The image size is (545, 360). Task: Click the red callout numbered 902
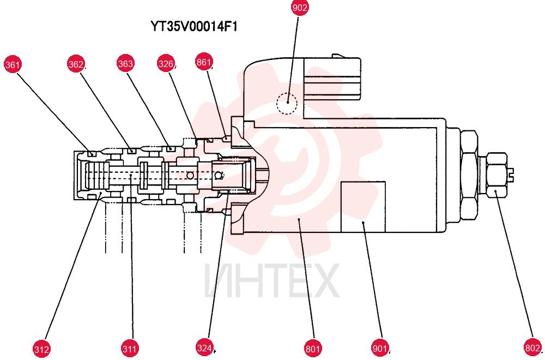pyautogui.click(x=300, y=8)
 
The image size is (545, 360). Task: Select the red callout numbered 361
pyautogui.click(x=13, y=65)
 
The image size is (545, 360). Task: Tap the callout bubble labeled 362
pyautogui.click(x=76, y=64)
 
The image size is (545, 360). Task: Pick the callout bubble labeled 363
pyautogui.click(x=125, y=63)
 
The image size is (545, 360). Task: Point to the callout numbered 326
pyautogui.click(x=166, y=64)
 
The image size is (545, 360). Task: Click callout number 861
pyautogui.click(x=204, y=62)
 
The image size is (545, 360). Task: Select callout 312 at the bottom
pyautogui.click(x=42, y=349)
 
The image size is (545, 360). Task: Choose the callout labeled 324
pyautogui.click(x=204, y=348)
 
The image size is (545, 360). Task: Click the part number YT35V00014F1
pyautogui.click(x=194, y=26)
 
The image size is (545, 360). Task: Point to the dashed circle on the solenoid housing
pyautogui.click(x=287, y=104)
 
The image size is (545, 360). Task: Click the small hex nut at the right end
pyautogui.click(x=496, y=175)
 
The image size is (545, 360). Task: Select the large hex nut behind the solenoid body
pyautogui.click(x=469, y=175)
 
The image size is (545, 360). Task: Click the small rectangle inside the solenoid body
pyautogui.click(x=363, y=207)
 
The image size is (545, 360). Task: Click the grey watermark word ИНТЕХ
pyautogui.click(x=272, y=281)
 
